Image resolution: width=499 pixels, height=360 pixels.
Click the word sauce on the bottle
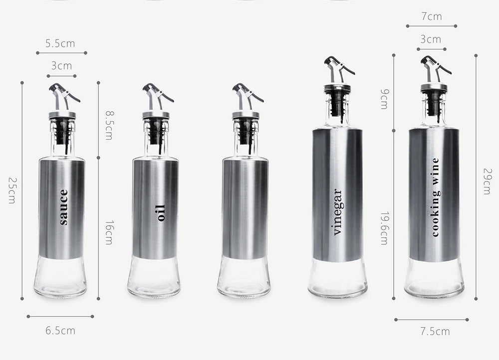pyautogui.click(x=64, y=207)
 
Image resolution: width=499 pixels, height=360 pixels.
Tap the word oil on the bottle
pyautogui.click(x=161, y=213)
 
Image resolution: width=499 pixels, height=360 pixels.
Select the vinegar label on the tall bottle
pyautogui.click(x=337, y=212)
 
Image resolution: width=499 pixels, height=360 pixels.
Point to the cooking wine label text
pyautogui.click(x=435, y=197)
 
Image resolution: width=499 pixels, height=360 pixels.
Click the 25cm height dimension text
pyautogui.click(x=12, y=190)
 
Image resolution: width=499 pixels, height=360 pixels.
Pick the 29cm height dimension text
pyautogui.click(x=488, y=181)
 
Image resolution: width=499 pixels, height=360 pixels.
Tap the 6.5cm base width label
pyautogui.click(x=60, y=331)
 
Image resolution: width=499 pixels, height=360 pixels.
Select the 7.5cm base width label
pyautogui.click(x=435, y=332)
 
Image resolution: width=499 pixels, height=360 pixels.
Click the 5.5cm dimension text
pyautogui.click(x=60, y=43)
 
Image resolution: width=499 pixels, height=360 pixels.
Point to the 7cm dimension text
pyautogui.click(x=432, y=16)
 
